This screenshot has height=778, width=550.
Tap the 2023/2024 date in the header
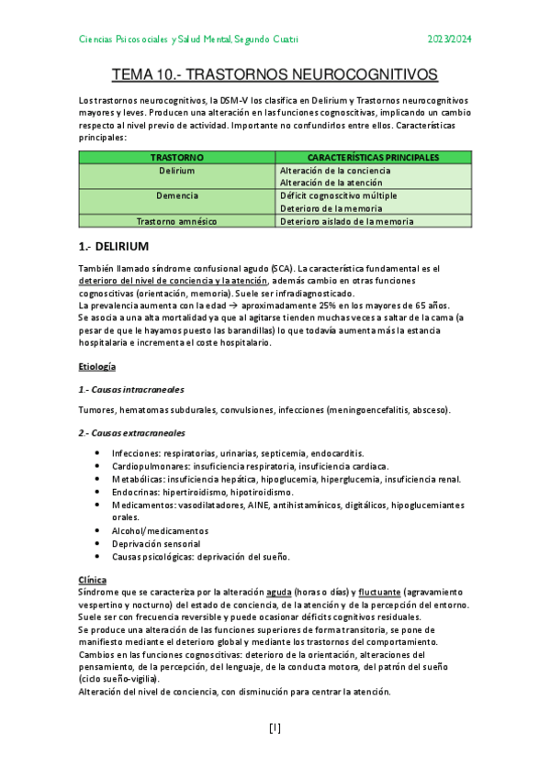[x=450, y=39]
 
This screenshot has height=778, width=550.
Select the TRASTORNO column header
[x=176, y=158]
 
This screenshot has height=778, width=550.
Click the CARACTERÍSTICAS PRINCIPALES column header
[x=373, y=158]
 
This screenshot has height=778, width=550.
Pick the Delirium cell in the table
[x=176, y=171]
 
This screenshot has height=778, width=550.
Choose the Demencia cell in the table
[x=176, y=195]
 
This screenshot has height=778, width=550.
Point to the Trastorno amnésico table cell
[x=176, y=221]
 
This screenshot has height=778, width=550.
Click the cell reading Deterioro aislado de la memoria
[x=346, y=221]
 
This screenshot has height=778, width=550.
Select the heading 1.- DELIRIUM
[x=114, y=247]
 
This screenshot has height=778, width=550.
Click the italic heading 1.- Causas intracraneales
[x=131, y=389]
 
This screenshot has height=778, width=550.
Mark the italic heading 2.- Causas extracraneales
[x=131, y=432]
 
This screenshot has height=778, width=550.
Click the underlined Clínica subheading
[x=92, y=580]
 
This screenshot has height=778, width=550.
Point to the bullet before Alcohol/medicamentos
[x=98, y=530]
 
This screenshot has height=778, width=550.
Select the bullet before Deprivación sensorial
[x=98, y=543]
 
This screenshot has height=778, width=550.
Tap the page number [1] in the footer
[x=275, y=728]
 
